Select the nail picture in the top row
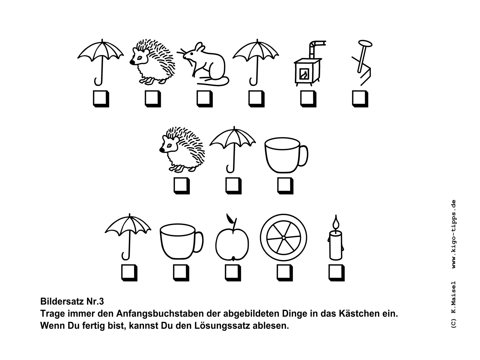pos(361,63)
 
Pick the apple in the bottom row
pos(232,240)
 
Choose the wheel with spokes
pos(283,237)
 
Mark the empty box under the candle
pos(336,273)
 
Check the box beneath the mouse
pos(205,99)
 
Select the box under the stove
pos(308,99)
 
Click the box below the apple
pos(233,273)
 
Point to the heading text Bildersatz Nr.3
pos(72,301)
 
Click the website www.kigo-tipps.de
pos(454,234)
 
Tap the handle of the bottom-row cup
pos(199,242)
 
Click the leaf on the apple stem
pos(229,218)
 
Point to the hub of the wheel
pos(283,238)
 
